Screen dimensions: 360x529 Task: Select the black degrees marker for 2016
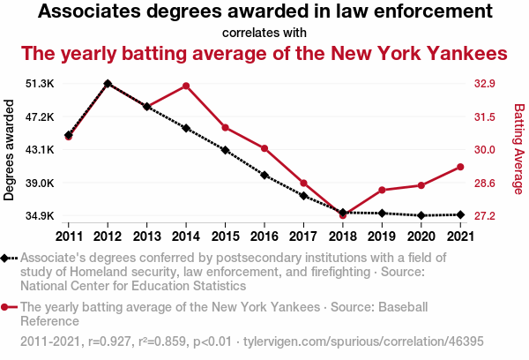coord(264,175)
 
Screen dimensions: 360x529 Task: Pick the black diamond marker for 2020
coord(421,215)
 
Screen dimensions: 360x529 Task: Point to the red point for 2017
coord(303,183)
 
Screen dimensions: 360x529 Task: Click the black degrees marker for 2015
coord(226,150)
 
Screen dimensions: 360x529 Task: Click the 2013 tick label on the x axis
coord(146,236)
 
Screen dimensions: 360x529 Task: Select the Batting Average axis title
coord(519,149)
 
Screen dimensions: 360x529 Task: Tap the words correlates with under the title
coord(264,33)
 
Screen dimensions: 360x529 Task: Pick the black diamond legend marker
coord(7,258)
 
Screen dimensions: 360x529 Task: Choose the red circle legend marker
coord(7,307)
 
